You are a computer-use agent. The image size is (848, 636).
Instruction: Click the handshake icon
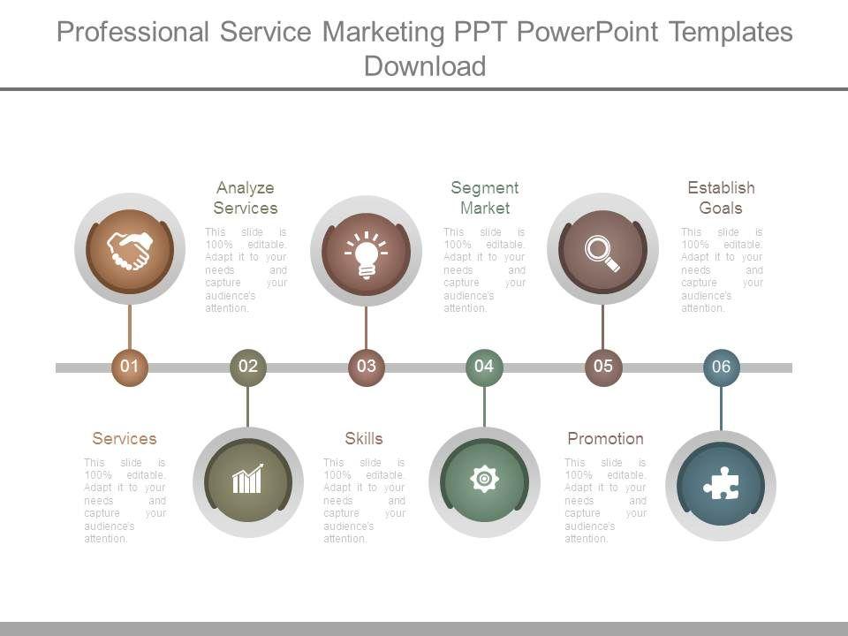130,250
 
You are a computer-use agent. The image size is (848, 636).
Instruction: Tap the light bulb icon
366,254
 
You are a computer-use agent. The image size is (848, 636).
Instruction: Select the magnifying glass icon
602,252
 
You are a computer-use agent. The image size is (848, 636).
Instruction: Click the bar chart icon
247,481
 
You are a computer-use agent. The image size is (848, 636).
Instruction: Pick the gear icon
484,480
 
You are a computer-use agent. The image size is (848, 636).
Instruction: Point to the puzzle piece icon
721,484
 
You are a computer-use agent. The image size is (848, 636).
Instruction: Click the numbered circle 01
130,367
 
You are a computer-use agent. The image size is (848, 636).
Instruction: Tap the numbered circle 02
248,367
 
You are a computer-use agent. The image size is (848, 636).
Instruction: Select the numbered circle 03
366,367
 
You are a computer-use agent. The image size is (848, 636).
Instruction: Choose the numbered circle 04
484,367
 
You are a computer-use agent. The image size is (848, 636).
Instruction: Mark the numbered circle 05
602,367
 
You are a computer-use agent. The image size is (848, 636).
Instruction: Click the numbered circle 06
721,367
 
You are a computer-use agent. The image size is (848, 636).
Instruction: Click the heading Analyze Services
246,198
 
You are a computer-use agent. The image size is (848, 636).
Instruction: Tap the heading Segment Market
484,198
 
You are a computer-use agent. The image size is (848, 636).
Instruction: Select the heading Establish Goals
721,198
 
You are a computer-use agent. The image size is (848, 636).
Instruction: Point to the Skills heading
364,438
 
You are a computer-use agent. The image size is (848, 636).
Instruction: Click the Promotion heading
605,438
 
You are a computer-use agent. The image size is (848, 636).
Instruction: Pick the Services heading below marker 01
125,438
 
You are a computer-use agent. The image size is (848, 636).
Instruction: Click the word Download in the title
425,65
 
